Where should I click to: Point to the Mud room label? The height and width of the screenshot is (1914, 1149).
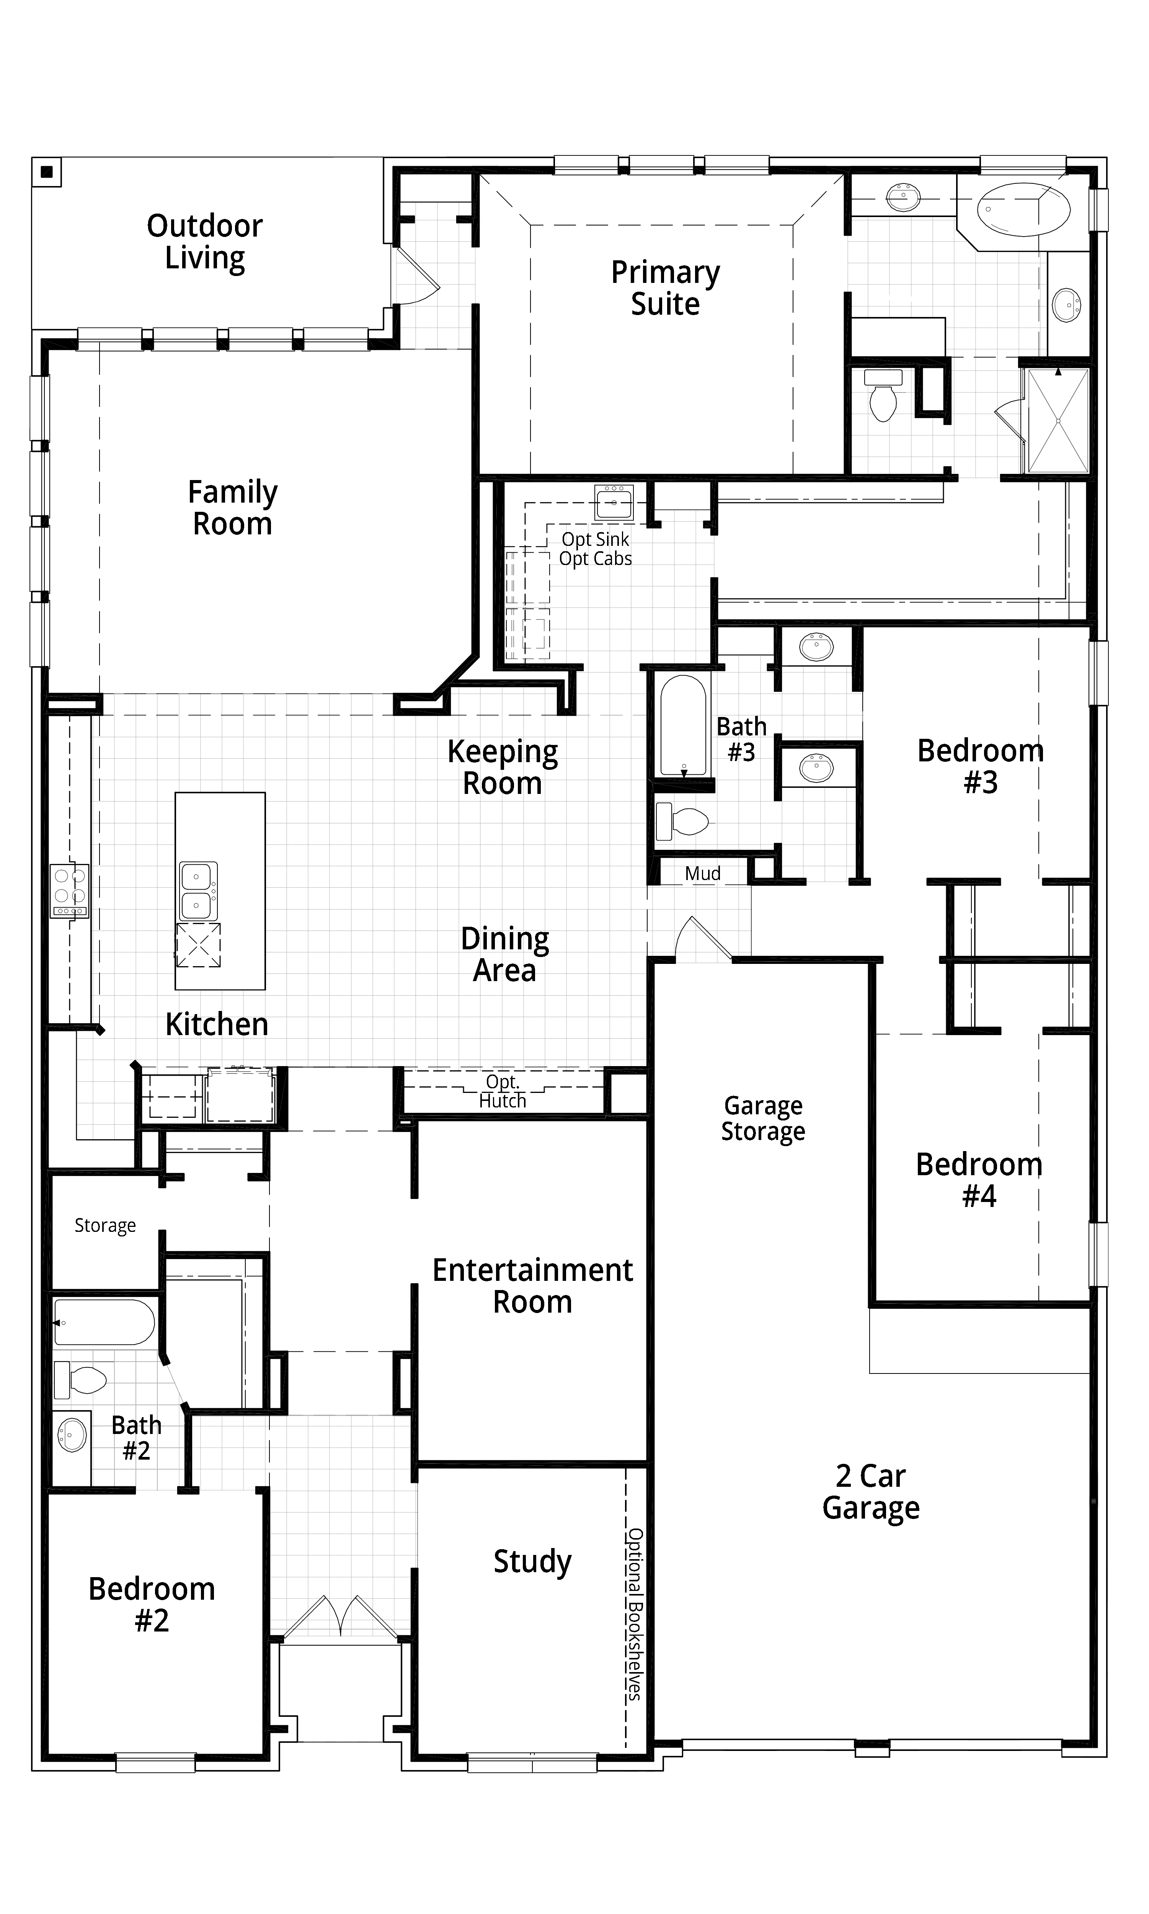pyautogui.click(x=702, y=874)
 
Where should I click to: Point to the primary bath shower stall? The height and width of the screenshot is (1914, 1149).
pyautogui.click(x=1058, y=420)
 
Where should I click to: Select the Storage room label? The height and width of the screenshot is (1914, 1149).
pyautogui.click(x=105, y=1225)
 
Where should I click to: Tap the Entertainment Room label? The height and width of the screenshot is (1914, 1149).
pyautogui.click(x=533, y=1286)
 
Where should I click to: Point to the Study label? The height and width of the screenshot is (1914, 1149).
pyautogui.click(x=533, y=1561)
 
